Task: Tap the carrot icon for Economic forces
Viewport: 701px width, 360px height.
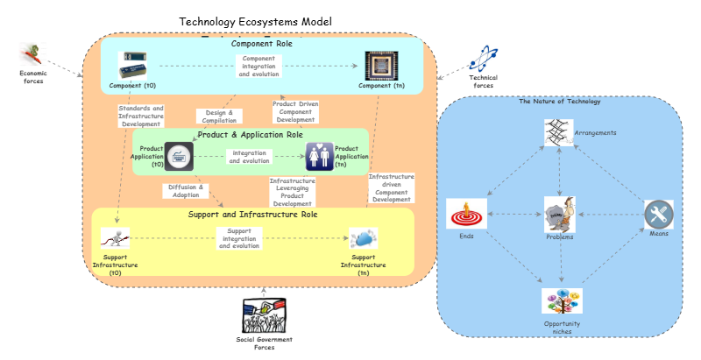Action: [x=32, y=54]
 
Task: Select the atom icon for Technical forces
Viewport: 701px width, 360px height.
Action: [x=484, y=58]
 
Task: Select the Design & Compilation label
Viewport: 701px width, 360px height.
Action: [x=218, y=116]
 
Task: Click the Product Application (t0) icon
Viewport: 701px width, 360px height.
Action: [x=178, y=157]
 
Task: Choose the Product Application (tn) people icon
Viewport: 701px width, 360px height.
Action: [x=318, y=157]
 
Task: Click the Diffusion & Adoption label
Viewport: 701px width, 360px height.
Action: [x=184, y=191]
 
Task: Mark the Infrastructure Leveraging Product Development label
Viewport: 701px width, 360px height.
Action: [x=292, y=192]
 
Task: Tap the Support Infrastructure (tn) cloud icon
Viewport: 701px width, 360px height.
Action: [x=363, y=239]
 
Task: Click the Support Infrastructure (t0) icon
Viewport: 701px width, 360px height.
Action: [x=115, y=238]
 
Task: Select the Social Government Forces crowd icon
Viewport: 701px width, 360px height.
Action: [x=264, y=315]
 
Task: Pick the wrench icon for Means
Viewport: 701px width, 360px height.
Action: [x=658, y=215]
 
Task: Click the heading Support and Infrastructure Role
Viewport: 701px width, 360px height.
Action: [x=252, y=214]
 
